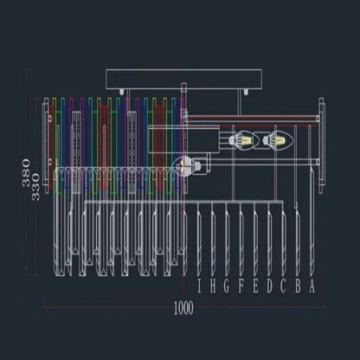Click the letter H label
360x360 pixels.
pos(214,285)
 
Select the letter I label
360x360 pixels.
pos(201,285)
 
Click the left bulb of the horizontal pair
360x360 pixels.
pos(245,139)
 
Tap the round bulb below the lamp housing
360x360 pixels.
pos(184,165)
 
